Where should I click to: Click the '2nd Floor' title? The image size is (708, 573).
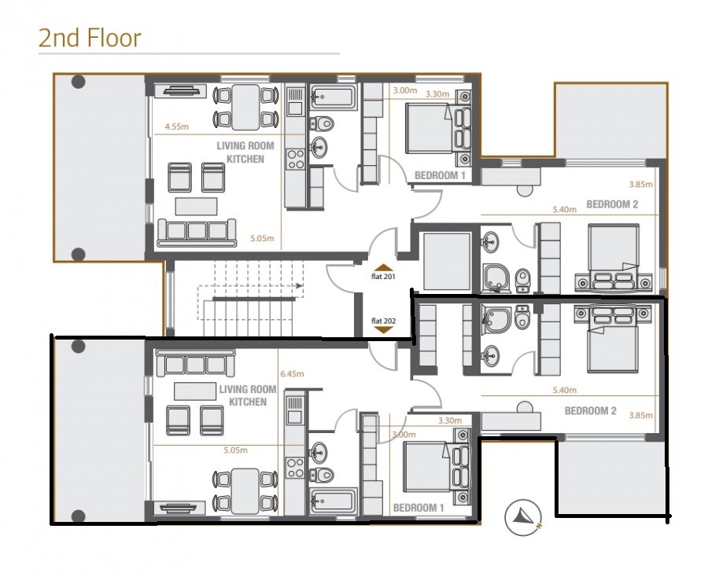tap(90, 38)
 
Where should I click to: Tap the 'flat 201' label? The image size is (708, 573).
tap(383, 277)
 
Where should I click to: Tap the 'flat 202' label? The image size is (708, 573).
tap(383, 321)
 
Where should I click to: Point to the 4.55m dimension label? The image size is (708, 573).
tap(176, 127)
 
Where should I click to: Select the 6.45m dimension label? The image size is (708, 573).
tap(292, 373)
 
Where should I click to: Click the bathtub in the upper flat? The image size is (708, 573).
tap(334, 96)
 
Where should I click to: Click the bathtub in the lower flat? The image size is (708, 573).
tap(334, 501)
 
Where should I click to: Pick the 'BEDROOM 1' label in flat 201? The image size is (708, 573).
tap(439, 175)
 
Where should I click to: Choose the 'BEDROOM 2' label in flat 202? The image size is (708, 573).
tap(590, 410)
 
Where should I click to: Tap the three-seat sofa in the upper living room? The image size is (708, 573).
tap(197, 233)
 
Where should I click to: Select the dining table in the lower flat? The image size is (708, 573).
tap(245, 491)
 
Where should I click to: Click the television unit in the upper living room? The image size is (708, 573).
tap(180, 91)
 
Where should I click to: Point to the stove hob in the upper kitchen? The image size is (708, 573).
tap(296, 160)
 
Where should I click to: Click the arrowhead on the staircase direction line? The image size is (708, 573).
tap(299, 285)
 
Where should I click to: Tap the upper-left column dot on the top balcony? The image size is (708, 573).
tap(78, 82)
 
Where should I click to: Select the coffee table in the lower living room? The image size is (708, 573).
tap(195, 391)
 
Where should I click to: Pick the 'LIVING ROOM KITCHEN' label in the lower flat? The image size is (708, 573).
tap(248, 395)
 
